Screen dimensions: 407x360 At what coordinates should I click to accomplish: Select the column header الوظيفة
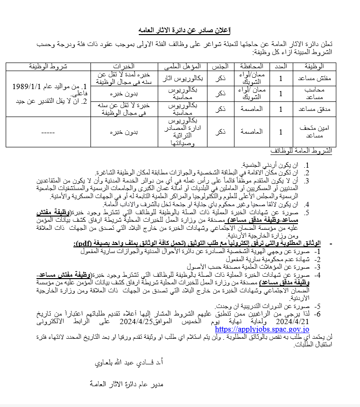click(x=314, y=66)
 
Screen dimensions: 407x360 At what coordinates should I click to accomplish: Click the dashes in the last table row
click(x=48, y=132)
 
